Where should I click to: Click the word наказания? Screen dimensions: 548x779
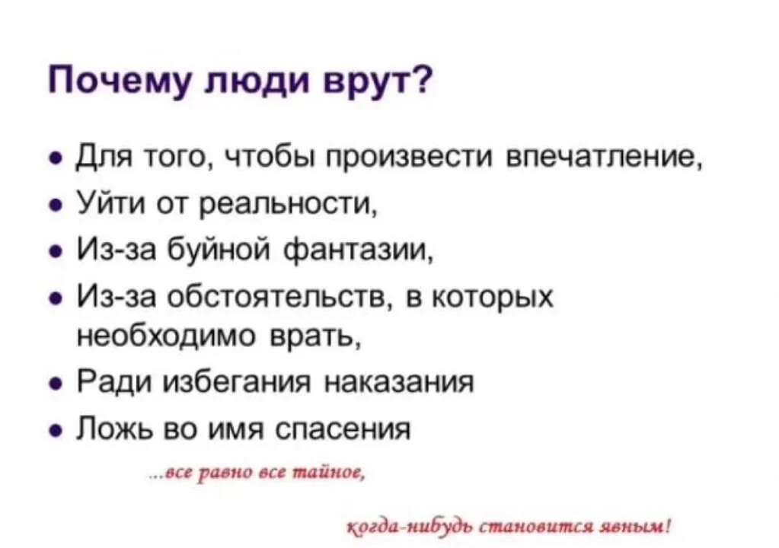pos(399,381)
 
